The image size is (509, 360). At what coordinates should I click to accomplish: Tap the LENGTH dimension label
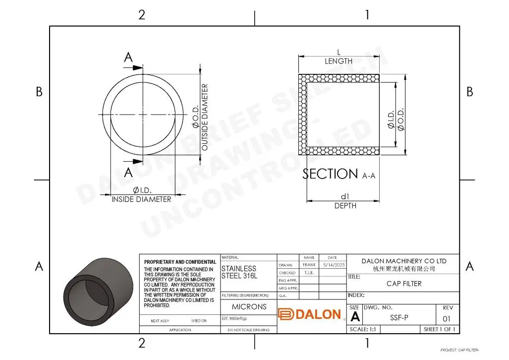[339, 61]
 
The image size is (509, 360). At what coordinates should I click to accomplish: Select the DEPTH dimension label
[345, 205]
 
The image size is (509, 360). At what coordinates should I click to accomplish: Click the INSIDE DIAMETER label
[141, 199]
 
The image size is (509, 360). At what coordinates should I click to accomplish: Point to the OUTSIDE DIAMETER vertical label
[205, 118]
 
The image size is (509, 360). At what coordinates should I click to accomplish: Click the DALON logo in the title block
[310, 314]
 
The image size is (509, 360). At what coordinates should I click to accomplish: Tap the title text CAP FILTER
[404, 284]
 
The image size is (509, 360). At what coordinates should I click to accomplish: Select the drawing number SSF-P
[399, 318]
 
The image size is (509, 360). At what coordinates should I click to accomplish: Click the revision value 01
[447, 318]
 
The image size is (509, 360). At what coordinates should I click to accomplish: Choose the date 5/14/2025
[333, 265]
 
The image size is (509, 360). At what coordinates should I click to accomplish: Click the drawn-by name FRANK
[309, 265]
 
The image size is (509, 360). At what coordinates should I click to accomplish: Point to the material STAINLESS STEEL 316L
[239, 272]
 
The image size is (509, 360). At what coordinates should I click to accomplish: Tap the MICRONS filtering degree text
[249, 306]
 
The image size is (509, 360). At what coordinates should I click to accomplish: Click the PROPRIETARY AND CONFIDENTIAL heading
[180, 262]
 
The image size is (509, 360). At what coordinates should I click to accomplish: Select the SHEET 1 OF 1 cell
[439, 329]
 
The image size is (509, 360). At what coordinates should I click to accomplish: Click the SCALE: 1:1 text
[365, 329]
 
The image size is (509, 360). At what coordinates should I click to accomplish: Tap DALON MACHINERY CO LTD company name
[403, 261]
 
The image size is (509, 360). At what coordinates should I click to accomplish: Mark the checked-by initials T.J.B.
[309, 273]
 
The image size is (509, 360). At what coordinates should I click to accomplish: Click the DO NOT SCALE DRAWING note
[248, 330]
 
